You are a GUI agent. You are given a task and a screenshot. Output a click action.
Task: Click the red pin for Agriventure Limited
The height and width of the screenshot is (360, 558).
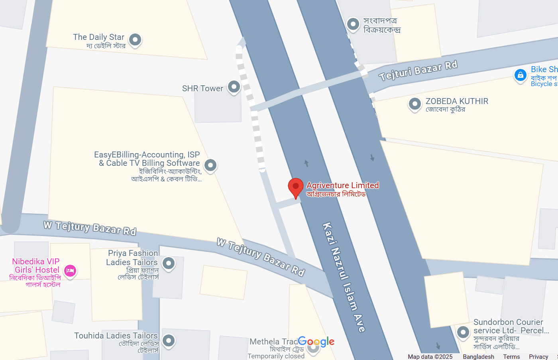[296, 187]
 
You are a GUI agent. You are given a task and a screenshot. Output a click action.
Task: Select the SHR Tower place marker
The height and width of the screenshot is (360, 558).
[234, 87]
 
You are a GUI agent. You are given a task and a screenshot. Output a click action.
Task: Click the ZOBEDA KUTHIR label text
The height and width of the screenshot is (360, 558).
[457, 101]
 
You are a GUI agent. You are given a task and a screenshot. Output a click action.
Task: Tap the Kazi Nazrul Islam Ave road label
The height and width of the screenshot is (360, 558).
[344, 277]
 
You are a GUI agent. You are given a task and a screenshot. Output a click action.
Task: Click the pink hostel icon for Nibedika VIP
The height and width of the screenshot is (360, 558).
[71, 271]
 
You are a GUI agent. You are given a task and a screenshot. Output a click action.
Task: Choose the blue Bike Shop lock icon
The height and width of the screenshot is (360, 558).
[520, 75]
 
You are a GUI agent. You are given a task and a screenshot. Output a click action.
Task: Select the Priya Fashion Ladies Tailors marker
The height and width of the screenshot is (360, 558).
[169, 263]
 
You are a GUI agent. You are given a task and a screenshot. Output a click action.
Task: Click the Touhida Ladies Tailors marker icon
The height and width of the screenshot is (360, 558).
[169, 340]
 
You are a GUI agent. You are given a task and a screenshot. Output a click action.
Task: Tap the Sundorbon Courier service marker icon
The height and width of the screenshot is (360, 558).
[463, 332]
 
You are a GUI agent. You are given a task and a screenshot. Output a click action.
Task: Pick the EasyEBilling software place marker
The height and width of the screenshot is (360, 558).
[210, 165]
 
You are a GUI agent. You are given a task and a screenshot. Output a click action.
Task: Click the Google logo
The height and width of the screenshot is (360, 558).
[316, 342]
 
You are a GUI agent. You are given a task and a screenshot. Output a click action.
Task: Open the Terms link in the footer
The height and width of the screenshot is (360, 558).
[511, 357]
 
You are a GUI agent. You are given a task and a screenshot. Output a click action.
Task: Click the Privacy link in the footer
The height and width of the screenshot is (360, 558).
[538, 357]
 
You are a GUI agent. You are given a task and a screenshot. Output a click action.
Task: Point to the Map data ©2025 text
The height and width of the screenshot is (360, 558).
[430, 357]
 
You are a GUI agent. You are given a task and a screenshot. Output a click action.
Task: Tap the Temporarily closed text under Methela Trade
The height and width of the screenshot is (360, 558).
[276, 356]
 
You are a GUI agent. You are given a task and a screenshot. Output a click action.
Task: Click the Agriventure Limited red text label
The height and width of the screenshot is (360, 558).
[342, 185]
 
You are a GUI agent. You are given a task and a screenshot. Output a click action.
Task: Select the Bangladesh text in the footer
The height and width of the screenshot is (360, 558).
[478, 357]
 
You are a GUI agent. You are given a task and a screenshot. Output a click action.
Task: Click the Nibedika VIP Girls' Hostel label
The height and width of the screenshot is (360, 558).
[36, 266]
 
